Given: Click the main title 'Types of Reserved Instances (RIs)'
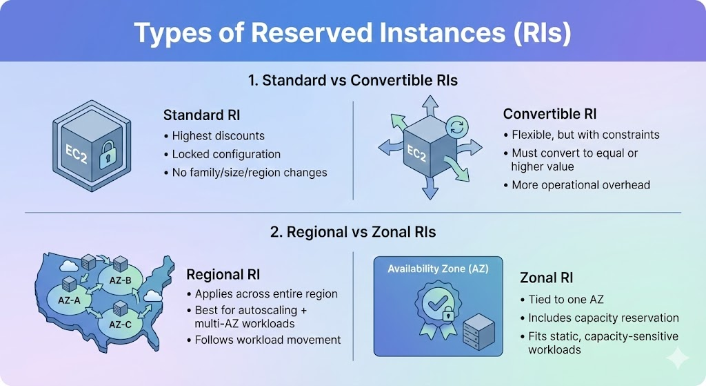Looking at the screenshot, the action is (352, 33).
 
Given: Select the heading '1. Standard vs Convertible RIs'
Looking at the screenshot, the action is (352, 80).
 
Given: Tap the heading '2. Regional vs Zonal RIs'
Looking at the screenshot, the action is (352, 232).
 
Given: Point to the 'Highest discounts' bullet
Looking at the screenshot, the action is (218, 135).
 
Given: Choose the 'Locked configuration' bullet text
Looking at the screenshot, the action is (226, 154).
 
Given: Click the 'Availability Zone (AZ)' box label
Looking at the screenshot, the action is (438, 269).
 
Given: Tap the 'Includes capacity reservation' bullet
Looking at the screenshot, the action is (603, 318).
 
